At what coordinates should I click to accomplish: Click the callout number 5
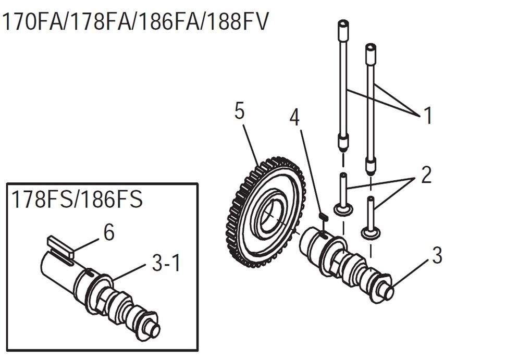point(239,112)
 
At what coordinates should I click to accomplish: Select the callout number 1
point(428,116)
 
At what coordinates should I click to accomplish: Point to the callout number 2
point(426,175)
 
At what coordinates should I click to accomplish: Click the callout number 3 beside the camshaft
point(437,255)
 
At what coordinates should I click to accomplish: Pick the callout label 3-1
point(166,263)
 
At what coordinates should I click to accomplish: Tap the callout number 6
point(109,232)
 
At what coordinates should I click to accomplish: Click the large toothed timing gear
point(264,212)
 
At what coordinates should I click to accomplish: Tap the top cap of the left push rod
point(343,25)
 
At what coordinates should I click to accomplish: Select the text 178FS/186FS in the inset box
point(77,199)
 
